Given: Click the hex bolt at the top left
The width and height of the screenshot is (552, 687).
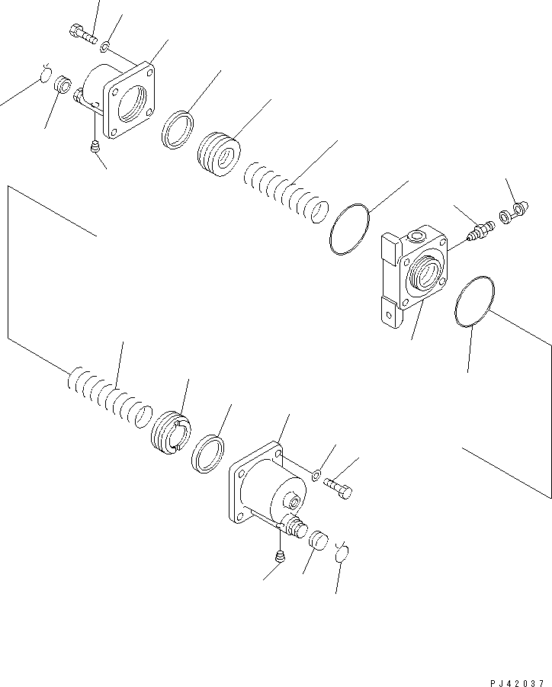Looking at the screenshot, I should click(x=82, y=34).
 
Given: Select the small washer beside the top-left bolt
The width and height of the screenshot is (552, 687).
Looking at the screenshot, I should click(x=105, y=47).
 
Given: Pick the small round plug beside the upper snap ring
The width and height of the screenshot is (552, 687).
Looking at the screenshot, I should click(x=62, y=82).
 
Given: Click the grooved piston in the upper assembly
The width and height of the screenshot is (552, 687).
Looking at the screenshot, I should click(x=219, y=156).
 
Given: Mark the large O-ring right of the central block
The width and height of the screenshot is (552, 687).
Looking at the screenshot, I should click(x=473, y=300).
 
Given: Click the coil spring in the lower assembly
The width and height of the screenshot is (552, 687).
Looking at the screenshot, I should click(x=107, y=396).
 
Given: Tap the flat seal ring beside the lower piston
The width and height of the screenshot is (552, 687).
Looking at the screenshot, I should click(x=207, y=454).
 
